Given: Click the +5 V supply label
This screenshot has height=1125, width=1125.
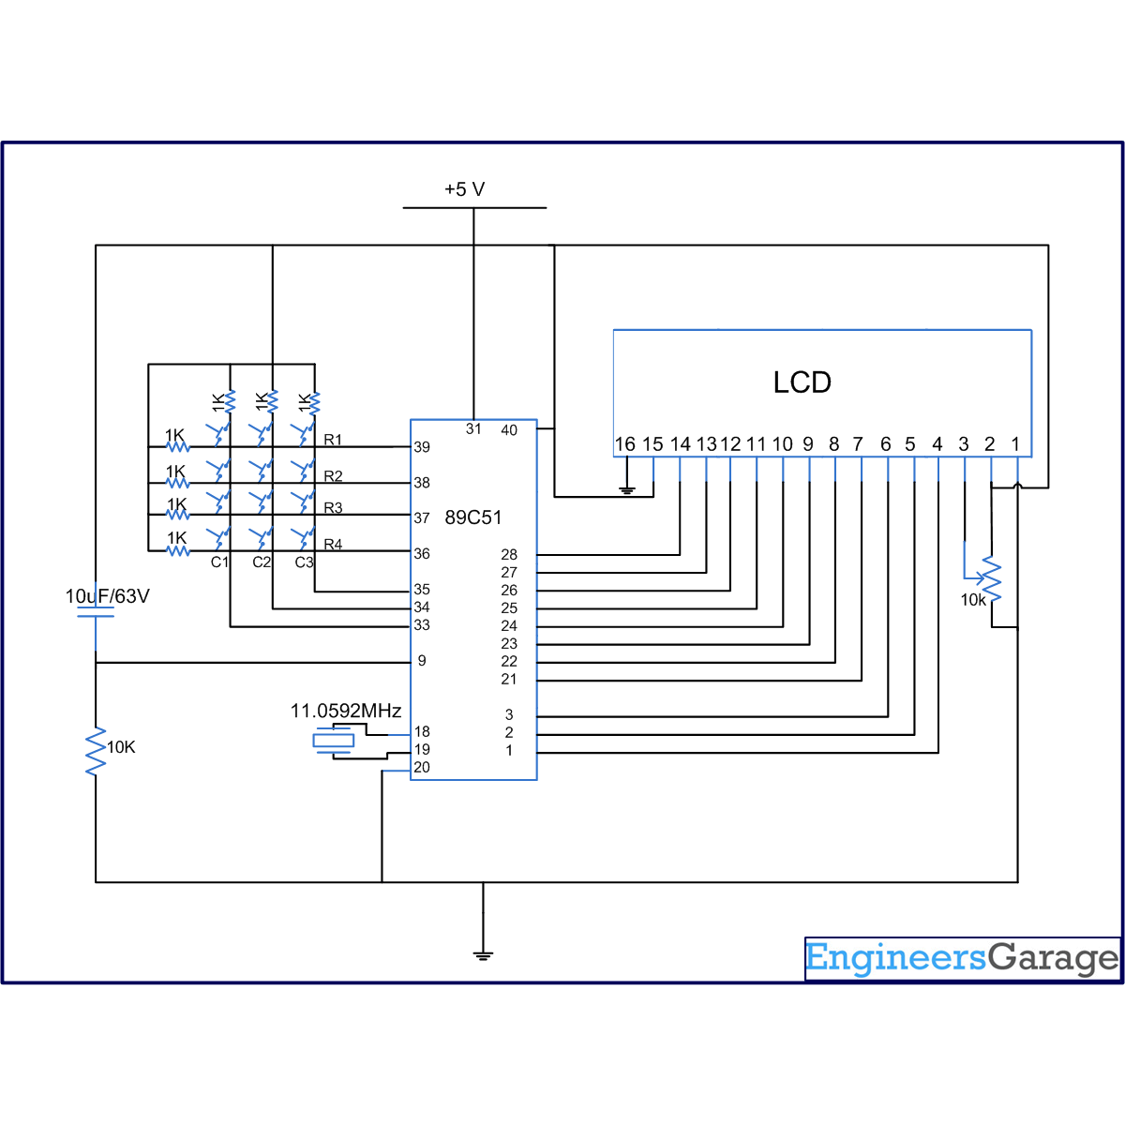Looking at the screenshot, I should pyautogui.click(x=464, y=189).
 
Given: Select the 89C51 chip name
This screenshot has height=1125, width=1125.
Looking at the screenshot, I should pyautogui.click(x=473, y=517).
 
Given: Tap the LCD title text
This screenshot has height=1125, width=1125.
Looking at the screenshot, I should pyautogui.click(x=802, y=382).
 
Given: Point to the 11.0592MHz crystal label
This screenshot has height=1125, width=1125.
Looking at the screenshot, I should pyautogui.click(x=346, y=711).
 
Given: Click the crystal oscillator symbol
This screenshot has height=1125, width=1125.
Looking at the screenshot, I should pyautogui.click(x=333, y=742).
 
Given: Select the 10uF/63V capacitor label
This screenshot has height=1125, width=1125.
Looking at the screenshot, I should pyautogui.click(x=107, y=596).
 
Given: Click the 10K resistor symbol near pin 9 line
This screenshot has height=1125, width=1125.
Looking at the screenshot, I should pyautogui.click(x=96, y=751).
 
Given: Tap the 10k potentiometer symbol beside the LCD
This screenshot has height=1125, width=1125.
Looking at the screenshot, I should pyautogui.click(x=992, y=581).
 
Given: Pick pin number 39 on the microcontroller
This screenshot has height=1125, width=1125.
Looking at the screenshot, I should pyautogui.click(x=422, y=447).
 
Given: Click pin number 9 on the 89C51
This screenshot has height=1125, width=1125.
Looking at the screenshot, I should pyautogui.click(x=422, y=661).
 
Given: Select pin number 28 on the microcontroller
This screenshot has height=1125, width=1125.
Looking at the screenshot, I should pyautogui.click(x=509, y=555).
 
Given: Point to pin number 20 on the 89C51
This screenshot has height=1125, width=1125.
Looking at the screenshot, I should pyautogui.click(x=422, y=768).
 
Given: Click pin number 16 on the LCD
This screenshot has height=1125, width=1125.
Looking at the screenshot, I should pyautogui.click(x=625, y=444).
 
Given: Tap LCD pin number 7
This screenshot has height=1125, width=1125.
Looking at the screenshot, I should pyautogui.click(x=858, y=444).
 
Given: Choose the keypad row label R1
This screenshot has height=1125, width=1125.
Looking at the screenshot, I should pyautogui.click(x=333, y=440).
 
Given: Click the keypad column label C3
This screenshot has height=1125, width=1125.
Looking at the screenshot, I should pyautogui.click(x=304, y=562).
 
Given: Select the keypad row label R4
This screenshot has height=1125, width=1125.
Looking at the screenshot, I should pyautogui.click(x=333, y=545).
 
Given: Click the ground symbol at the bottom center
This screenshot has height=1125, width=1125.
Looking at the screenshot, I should pyautogui.click(x=483, y=955).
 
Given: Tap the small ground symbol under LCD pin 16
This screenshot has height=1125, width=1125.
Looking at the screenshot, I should pyautogui.click(x=627, y=490).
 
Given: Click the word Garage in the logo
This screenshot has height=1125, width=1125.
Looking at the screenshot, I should pyautogui.click(x=1054, y=958).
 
